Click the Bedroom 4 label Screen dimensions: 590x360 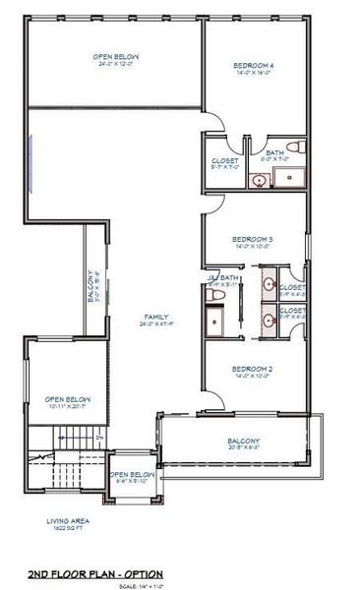tap(254, 66)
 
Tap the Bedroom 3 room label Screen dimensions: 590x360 tap(253, 239)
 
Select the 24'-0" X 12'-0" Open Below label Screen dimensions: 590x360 tap(114, 58)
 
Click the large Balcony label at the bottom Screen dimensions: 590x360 tap(244, 440)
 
